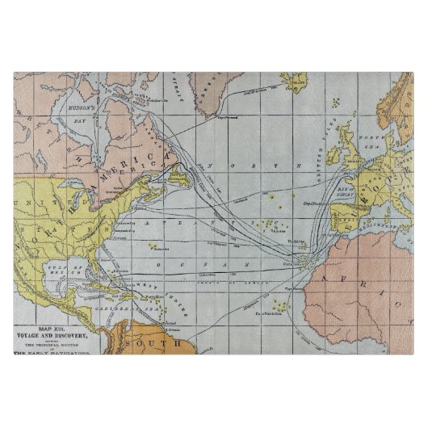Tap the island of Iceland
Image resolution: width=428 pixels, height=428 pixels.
[x=296, y=82]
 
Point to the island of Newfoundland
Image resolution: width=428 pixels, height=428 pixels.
[x=181, y=175]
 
